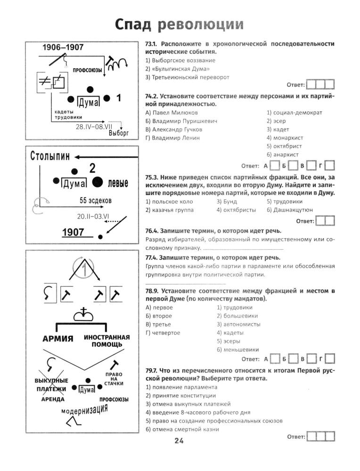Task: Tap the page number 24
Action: [x=179, y=441]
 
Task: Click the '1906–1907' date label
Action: [x=63, y=48]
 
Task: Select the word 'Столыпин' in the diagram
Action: [x=50, y=156]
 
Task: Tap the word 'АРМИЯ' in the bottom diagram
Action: [x=57, y=339]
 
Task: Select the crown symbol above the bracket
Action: [x=85, y=312]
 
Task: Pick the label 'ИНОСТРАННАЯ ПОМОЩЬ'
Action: [x=106, y=341]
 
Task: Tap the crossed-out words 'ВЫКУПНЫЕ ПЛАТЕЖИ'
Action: [x=51, y=384]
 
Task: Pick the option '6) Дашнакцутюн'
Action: [x=289, y=210]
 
